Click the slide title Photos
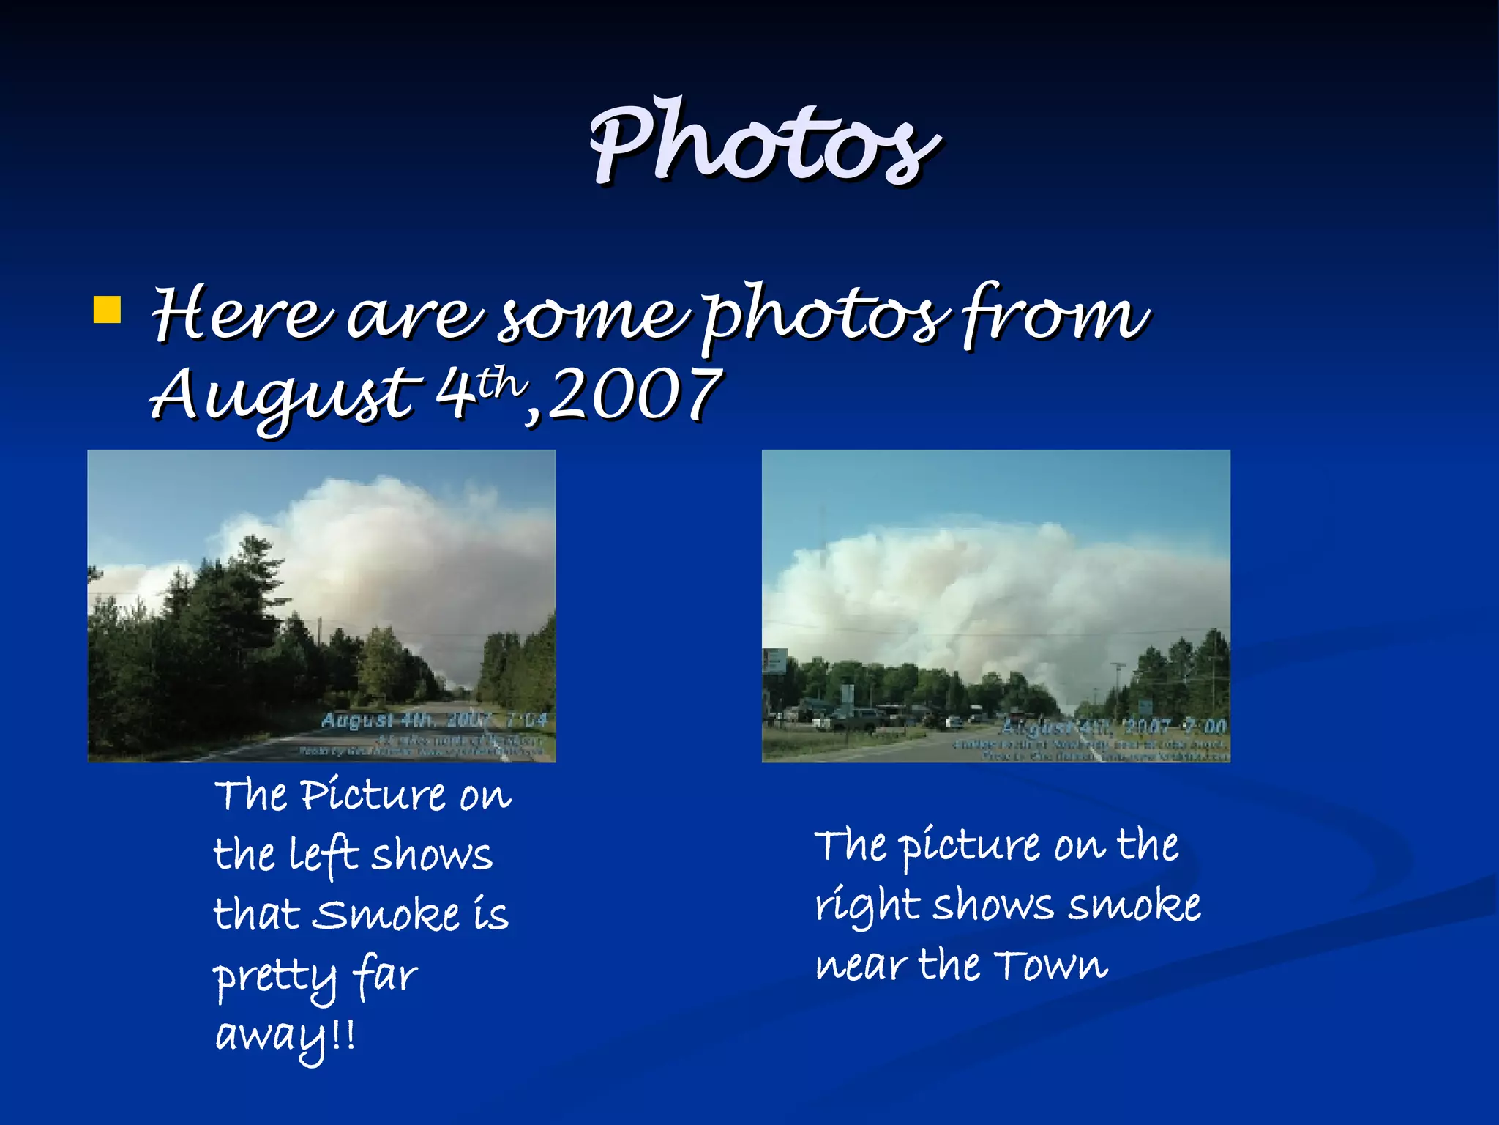764,142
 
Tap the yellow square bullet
107,310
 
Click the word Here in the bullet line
242,315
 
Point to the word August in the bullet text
285,396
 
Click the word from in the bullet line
1054,315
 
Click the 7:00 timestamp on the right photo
1205,726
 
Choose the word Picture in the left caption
373,795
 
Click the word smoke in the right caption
1134,906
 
